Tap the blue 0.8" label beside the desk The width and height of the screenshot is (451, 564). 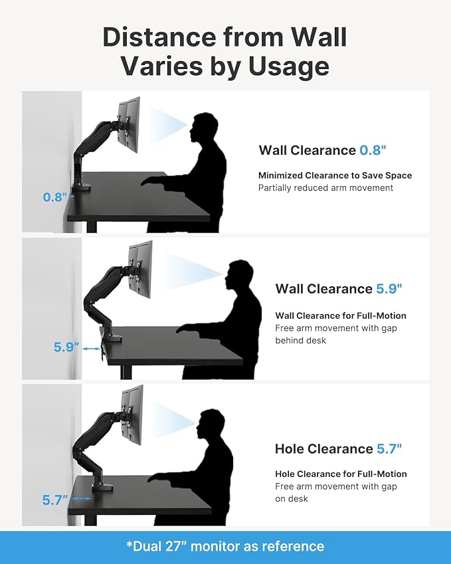coord(56,197)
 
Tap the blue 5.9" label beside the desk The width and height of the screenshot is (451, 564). coord(66,347)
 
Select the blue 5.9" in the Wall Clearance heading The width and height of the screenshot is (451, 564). coord(389,289)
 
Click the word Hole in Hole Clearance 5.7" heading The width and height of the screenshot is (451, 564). coord(291,449)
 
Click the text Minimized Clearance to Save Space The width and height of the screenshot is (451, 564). coord(335,175)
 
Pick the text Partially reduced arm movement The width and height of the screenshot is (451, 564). coord(325,188)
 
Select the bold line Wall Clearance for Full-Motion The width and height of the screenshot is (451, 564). coord(341,316)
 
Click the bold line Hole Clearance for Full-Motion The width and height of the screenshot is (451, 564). coord(341,474)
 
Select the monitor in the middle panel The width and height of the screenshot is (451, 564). coord(141,267)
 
